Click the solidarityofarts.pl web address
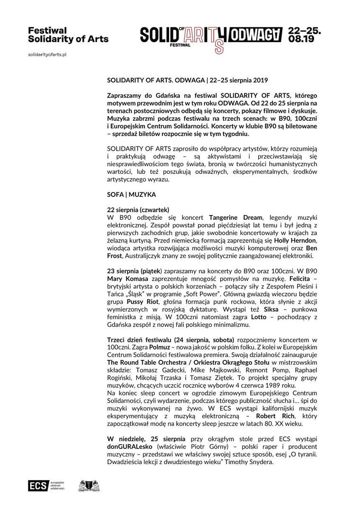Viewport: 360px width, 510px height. tap(47, 55)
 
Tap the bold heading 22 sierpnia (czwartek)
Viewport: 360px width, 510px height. tap(138, 209)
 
